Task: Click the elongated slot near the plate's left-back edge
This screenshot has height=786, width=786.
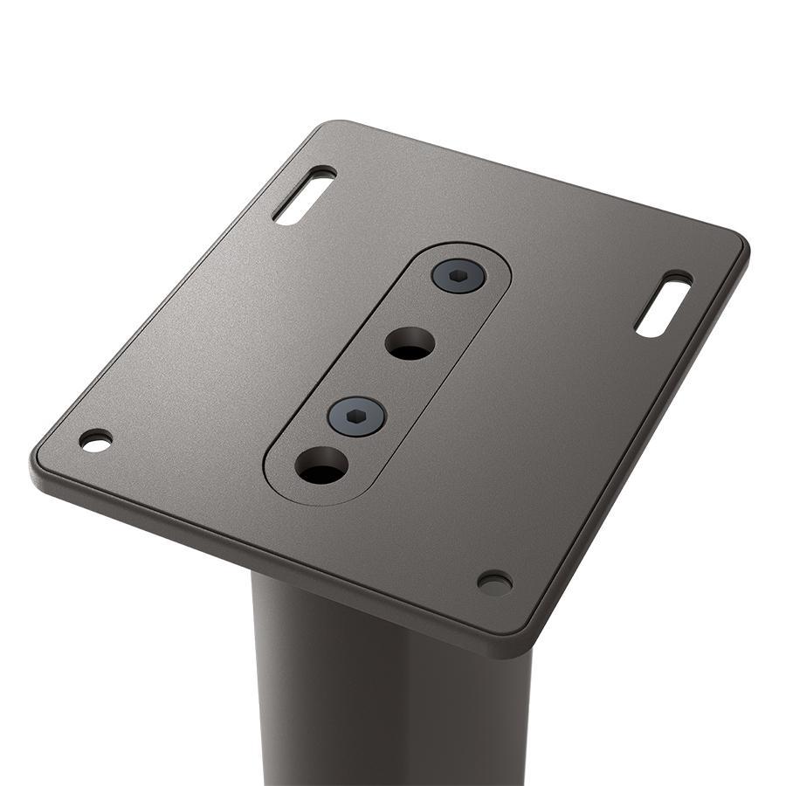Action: click(x=304, y=196)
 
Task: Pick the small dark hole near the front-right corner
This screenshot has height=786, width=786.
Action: click(x=494, y=583)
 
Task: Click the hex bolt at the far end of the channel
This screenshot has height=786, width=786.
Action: click(x=458, y=276)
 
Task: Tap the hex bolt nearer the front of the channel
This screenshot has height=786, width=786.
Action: click(x=357, y=416)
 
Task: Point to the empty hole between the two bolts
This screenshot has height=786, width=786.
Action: click(x=410, y=343)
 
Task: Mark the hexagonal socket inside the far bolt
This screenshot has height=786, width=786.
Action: click(x=458, y=276)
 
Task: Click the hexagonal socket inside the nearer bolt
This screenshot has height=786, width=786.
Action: click(x=357, y=417)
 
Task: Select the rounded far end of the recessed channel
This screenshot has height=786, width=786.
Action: click(x=489, y=253)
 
